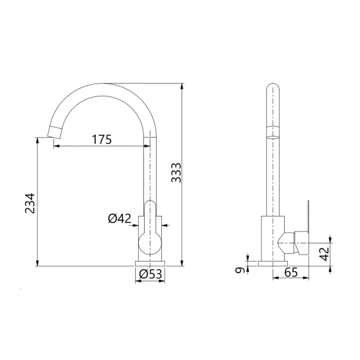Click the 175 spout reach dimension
pyautogui.click(x=102, y=139)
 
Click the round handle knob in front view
pyautogui.click(x=152, y=244)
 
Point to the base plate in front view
pyautogui.click(x=152, y=262)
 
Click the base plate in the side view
pyautogui.click(x=273, y=262)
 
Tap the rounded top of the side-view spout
pyautogui.click(x=273, y=89)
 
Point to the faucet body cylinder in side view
pyautogui.click(x=273, y=238)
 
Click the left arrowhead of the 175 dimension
pyautogui.click(x=55, y=147)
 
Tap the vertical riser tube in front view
pyautogui.click(x=149, y=174)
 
